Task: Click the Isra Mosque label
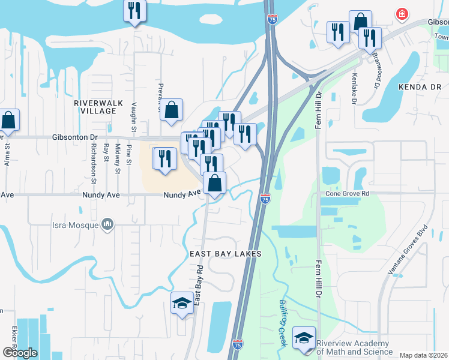[73, 225]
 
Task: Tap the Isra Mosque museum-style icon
[108, 224]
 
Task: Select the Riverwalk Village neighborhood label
[95, 107]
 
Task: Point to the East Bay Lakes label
[226, 254]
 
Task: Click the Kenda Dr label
[420, 87]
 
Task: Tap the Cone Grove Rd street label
[348, 194]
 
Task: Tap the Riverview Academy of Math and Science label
[354, 347]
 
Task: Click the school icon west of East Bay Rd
[182, 303]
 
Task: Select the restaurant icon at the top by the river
[134, 11]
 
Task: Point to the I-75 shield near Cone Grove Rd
[265, 197]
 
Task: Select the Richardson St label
[94, 163]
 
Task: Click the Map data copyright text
[423, 355]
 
